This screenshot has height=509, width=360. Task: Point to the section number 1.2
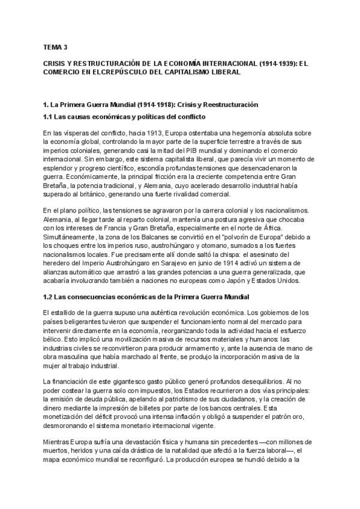[50, 297]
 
